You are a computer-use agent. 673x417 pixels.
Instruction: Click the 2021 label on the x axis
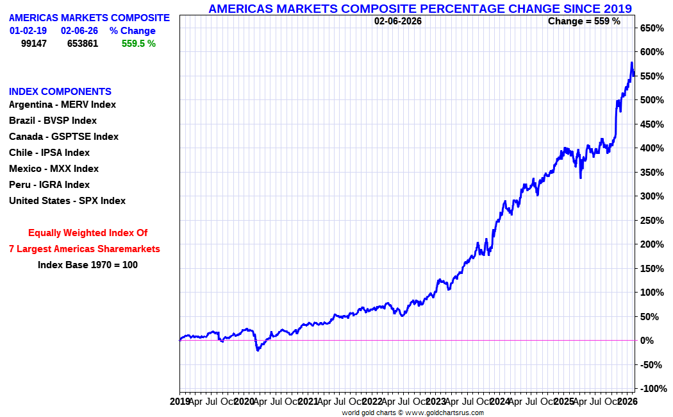click(308, 401)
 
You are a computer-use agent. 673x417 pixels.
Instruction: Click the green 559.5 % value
click(138, 44)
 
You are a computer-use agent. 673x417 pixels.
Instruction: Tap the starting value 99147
click(34, 44)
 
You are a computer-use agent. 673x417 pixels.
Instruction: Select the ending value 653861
click(83, 44)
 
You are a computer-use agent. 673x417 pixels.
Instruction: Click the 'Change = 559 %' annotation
click(584, 21)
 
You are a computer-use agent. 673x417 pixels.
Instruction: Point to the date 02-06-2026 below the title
click(398, 21)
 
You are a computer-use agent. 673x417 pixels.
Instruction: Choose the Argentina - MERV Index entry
click(62, 105)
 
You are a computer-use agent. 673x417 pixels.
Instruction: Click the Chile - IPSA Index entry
click(49, 153)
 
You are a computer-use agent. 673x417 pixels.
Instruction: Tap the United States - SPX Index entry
click(67, 201)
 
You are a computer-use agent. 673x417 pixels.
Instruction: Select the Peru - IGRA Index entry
click(49, 185)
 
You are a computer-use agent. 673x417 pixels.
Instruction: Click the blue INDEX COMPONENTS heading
click(60, 92)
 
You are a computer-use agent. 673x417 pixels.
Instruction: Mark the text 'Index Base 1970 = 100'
click(88, 264)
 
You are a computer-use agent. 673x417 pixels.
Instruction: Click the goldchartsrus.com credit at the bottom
click(413, 413)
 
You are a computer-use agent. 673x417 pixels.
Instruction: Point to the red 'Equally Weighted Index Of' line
click(88, 233)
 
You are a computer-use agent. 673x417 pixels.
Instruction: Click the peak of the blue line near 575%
click(631, 63)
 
